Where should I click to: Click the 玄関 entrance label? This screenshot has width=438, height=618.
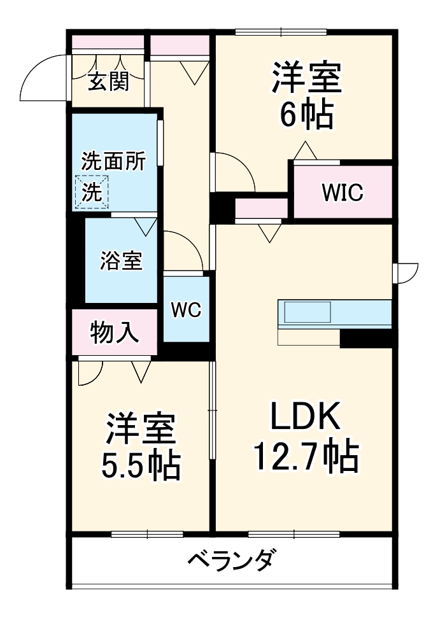pos(108,81)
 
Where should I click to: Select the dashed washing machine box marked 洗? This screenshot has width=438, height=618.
pos(92,192)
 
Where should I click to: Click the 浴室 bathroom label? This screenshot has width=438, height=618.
pos(121,260)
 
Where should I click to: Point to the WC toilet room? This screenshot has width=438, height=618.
pos(186,310)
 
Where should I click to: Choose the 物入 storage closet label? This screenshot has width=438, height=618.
pos(115,332)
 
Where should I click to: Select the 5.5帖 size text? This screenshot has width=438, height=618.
pos(141,466)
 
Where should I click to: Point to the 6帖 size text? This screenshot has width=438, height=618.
pos(306,116)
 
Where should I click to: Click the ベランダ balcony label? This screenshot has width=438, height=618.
pos(233,561)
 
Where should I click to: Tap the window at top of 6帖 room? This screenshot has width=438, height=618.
pos(280,32)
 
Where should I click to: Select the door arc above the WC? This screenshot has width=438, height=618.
pos(183,250)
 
